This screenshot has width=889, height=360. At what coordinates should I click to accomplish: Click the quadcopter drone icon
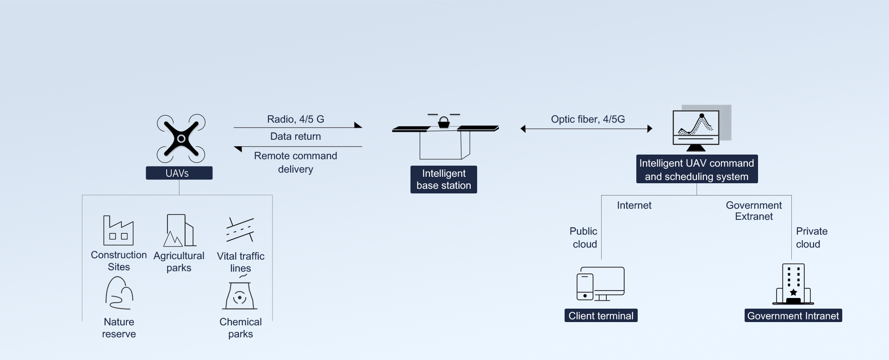click(181, 138)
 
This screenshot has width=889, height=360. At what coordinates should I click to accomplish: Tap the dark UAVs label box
click(179, 173)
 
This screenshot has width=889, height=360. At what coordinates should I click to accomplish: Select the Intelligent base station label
click(443, 180)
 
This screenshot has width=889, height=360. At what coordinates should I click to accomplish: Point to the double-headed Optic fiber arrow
click(586, 129)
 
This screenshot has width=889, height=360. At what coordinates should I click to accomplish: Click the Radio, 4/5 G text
click(295, 119)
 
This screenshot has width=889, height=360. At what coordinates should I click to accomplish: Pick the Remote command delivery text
click(295, 162)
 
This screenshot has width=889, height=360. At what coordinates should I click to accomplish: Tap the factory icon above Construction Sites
click(118, 230)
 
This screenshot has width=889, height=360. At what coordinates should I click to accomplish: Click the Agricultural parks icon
click(179, 230)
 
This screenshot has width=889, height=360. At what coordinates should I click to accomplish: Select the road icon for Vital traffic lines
click(240, 230)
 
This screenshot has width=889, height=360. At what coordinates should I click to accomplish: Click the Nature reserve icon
click(119, 293)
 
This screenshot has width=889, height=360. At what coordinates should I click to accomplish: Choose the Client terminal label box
click(601, 316)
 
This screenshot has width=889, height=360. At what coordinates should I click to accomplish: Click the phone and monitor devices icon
click(600, 284)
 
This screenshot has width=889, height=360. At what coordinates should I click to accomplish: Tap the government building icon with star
click(793, 284)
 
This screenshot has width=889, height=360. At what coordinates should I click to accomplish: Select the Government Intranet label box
click(793, 316)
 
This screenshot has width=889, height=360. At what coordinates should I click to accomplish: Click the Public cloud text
click(584, 237)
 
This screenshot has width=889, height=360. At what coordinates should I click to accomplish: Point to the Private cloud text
click(811, 237)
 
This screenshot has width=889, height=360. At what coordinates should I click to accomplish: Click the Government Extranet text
click(753, 211)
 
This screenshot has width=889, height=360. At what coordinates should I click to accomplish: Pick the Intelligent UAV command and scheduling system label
click(696, 169)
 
